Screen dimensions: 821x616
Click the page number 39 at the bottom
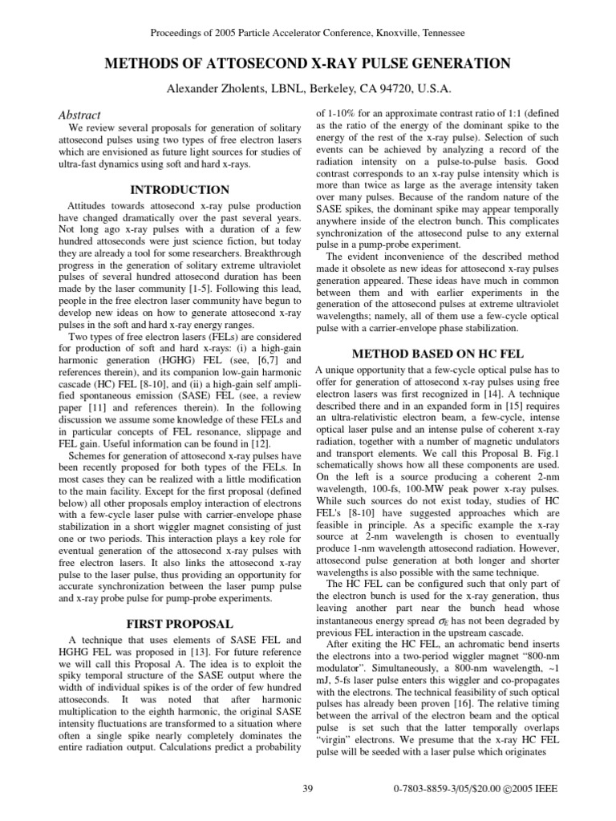tap(307, 789)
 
